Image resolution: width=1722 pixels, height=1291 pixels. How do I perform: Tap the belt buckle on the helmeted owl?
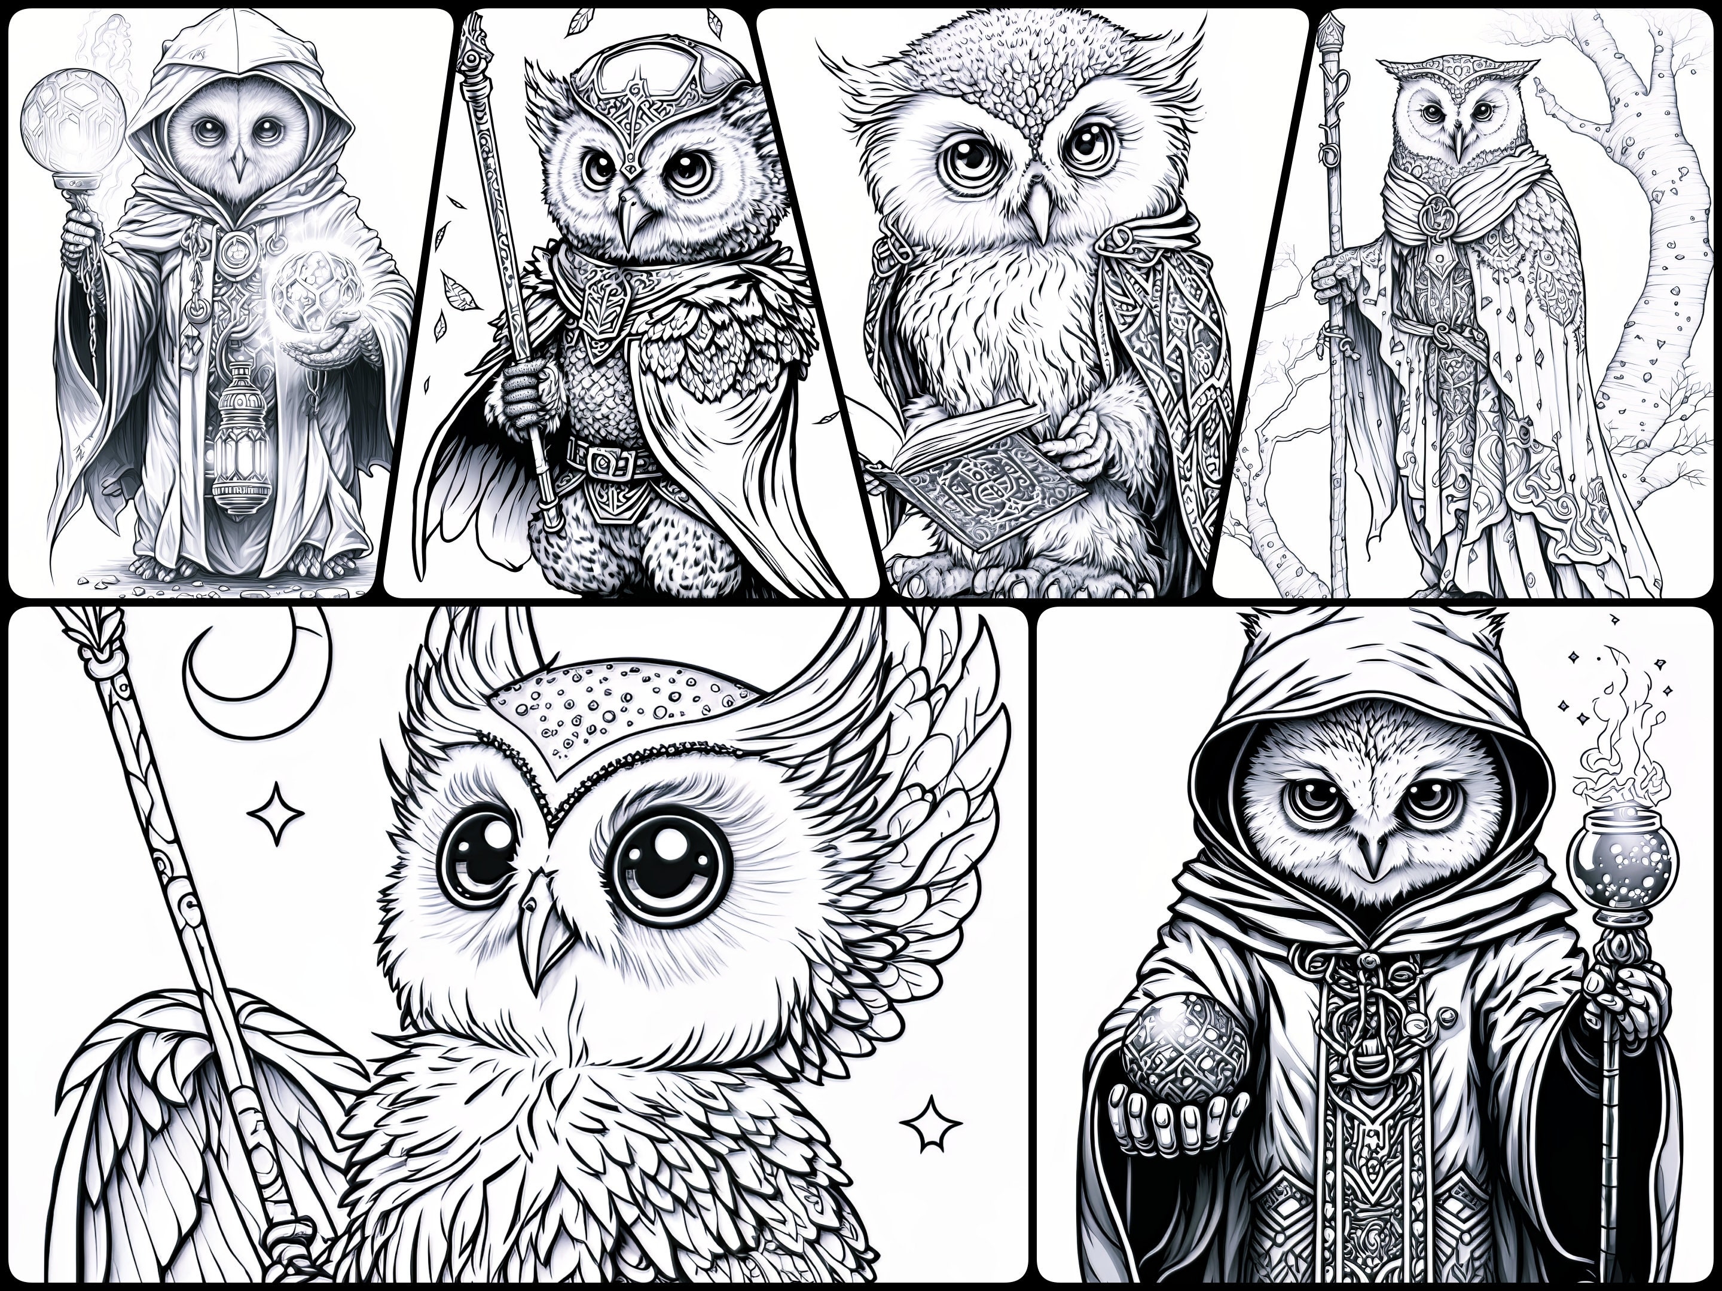[603, 464]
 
